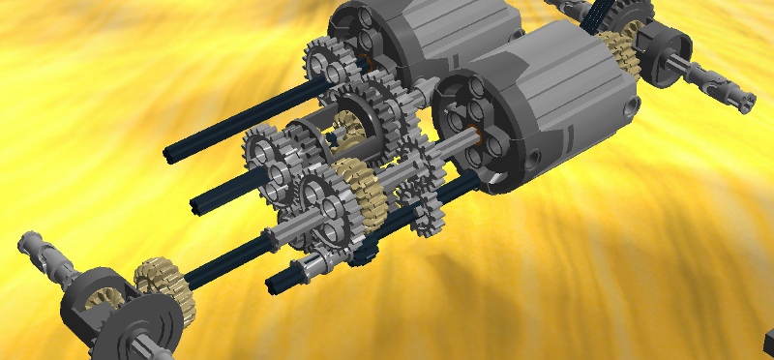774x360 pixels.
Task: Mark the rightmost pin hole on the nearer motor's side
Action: (x=634, y=104)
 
